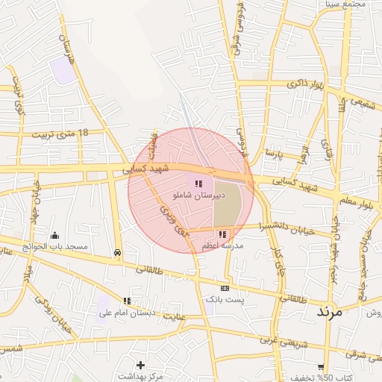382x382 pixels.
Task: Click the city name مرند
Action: pos(328,312)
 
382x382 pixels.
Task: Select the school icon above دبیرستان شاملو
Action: pos(198,183)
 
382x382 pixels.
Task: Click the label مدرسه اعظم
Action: pos(222,245)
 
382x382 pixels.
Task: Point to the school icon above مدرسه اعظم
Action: pos(222,234)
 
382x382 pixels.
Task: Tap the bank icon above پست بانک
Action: pos(225,288)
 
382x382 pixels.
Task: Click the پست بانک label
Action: pos(225,299)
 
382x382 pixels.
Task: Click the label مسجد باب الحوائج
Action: pos(54,246)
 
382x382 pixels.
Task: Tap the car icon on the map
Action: pos(118,252)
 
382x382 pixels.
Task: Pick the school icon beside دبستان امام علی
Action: pos(127,301)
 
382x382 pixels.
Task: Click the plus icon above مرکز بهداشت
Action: pos(140,365)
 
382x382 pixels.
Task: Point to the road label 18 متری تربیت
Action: pos(60,134)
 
